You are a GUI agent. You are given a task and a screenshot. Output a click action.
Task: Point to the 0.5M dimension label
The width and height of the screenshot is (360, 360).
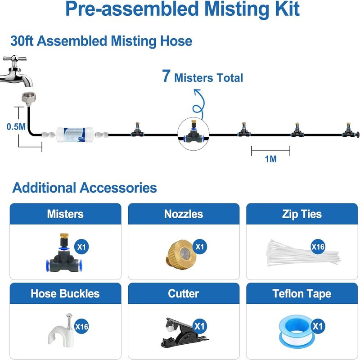(16, 127)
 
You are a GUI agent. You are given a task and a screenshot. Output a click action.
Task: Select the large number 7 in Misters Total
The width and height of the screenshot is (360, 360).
(166, 77)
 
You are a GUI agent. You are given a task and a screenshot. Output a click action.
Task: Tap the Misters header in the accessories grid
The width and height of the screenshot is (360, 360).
(65, 214)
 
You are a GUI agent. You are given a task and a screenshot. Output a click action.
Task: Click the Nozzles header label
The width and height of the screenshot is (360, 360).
(183, 214)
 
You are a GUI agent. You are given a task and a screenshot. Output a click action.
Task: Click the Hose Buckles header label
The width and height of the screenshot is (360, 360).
(65, 294)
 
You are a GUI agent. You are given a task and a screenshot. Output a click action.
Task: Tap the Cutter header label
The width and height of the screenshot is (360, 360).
(183, 294)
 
